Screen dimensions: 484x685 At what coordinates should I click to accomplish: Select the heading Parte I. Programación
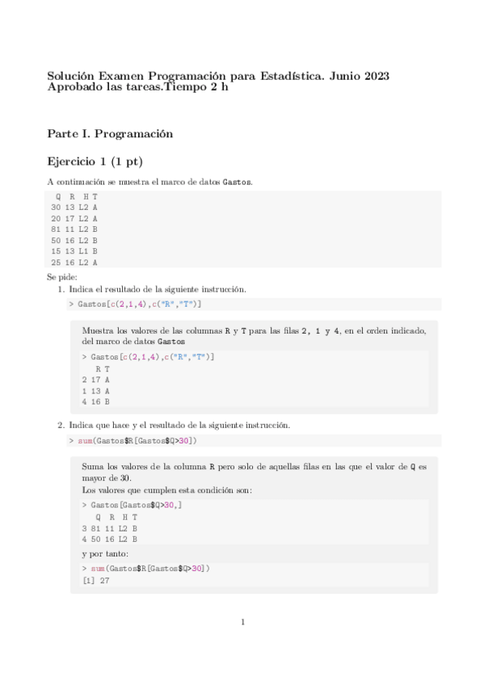(111, 132)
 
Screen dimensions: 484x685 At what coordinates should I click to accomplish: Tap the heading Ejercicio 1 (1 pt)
(95, 162)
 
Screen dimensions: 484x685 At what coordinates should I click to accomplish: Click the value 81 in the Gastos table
(55, 230)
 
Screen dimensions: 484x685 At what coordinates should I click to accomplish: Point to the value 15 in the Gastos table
(55, 251)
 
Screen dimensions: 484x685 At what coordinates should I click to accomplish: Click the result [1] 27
(96, 580)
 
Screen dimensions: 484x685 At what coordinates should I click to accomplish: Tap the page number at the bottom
(242, 622)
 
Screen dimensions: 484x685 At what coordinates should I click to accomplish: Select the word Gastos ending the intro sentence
(237, 182)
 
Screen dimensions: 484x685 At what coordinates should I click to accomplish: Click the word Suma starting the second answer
(94, 466)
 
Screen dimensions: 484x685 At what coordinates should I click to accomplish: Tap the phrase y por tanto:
(105, 554)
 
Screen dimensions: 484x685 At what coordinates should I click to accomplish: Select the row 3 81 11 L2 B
(109, 528)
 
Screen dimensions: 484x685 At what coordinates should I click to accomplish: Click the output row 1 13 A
(95, 390)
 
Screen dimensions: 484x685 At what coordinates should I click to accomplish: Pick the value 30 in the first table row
(55, 208)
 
